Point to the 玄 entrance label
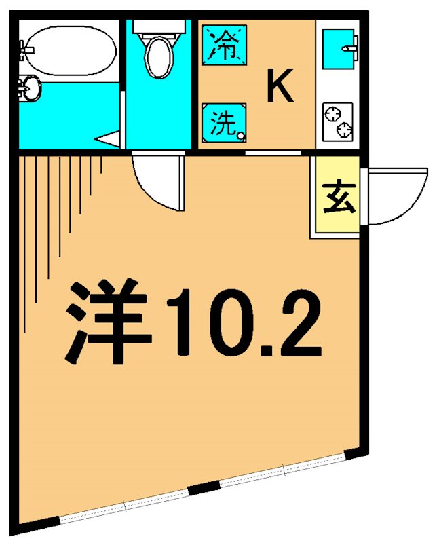[337, 198]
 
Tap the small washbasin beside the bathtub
[30, 88]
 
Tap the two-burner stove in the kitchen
[338, 121]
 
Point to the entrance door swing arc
[400, 197]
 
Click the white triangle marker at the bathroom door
[109, 140]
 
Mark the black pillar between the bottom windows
[204, 489]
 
